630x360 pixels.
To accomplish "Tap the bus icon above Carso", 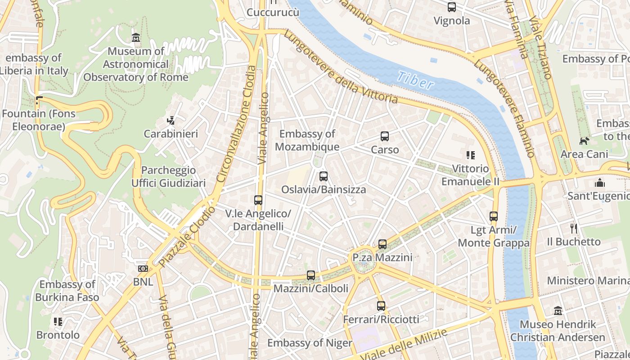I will [x=384, y=136].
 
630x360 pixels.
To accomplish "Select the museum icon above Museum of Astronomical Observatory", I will [x=135, y=37].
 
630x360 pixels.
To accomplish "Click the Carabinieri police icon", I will [x=171, y=120].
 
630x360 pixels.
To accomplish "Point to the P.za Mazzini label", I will [x=382, y=257].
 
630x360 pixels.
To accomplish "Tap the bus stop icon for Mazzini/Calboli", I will [x=310, y=275].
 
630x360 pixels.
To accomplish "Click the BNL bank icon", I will [x=143, y=269].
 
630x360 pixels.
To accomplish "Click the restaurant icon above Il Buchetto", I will [x=573, y=228].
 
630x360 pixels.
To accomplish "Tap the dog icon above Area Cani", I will [x=584, y=141].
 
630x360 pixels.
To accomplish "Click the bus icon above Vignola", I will [x=451, y=7].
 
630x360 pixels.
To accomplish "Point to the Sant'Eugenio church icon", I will [x=599, y=183].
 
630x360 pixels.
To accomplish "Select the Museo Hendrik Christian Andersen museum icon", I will [x=558, y=310].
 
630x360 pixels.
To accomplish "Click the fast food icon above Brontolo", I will [x=58, y=321].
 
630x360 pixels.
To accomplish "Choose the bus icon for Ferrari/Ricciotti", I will [x=381, y=306].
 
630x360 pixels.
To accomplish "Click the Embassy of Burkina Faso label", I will [x=67, y=291].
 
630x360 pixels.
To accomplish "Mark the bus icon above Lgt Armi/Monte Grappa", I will [x=494, y=216].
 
